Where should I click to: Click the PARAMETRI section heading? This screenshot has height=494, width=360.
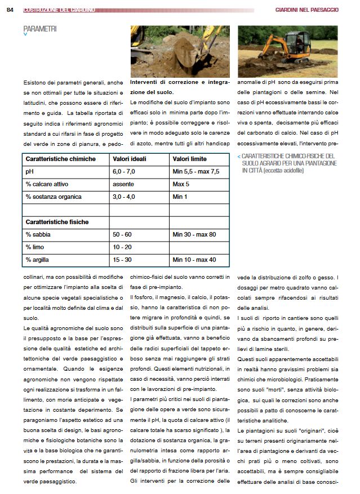[x=39, y=28]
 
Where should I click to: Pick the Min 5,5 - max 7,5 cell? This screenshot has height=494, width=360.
[x=195, y=172]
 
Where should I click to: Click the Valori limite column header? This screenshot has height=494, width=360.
[x=190, y=159]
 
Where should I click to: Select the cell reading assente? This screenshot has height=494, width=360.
[x=123, y=184]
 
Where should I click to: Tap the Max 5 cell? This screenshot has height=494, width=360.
[x=182, y=184]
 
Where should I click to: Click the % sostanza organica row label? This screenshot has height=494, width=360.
[x=54, y=197]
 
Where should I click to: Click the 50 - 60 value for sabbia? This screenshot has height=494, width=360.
[x=122, y=234]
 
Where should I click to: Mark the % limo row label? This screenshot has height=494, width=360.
[x=35, y=247]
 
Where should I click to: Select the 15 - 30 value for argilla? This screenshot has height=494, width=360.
[x=122, y=260]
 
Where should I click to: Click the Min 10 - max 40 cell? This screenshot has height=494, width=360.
[x=194, y=260]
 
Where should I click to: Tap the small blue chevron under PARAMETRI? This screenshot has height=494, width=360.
[x=25, y=35]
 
